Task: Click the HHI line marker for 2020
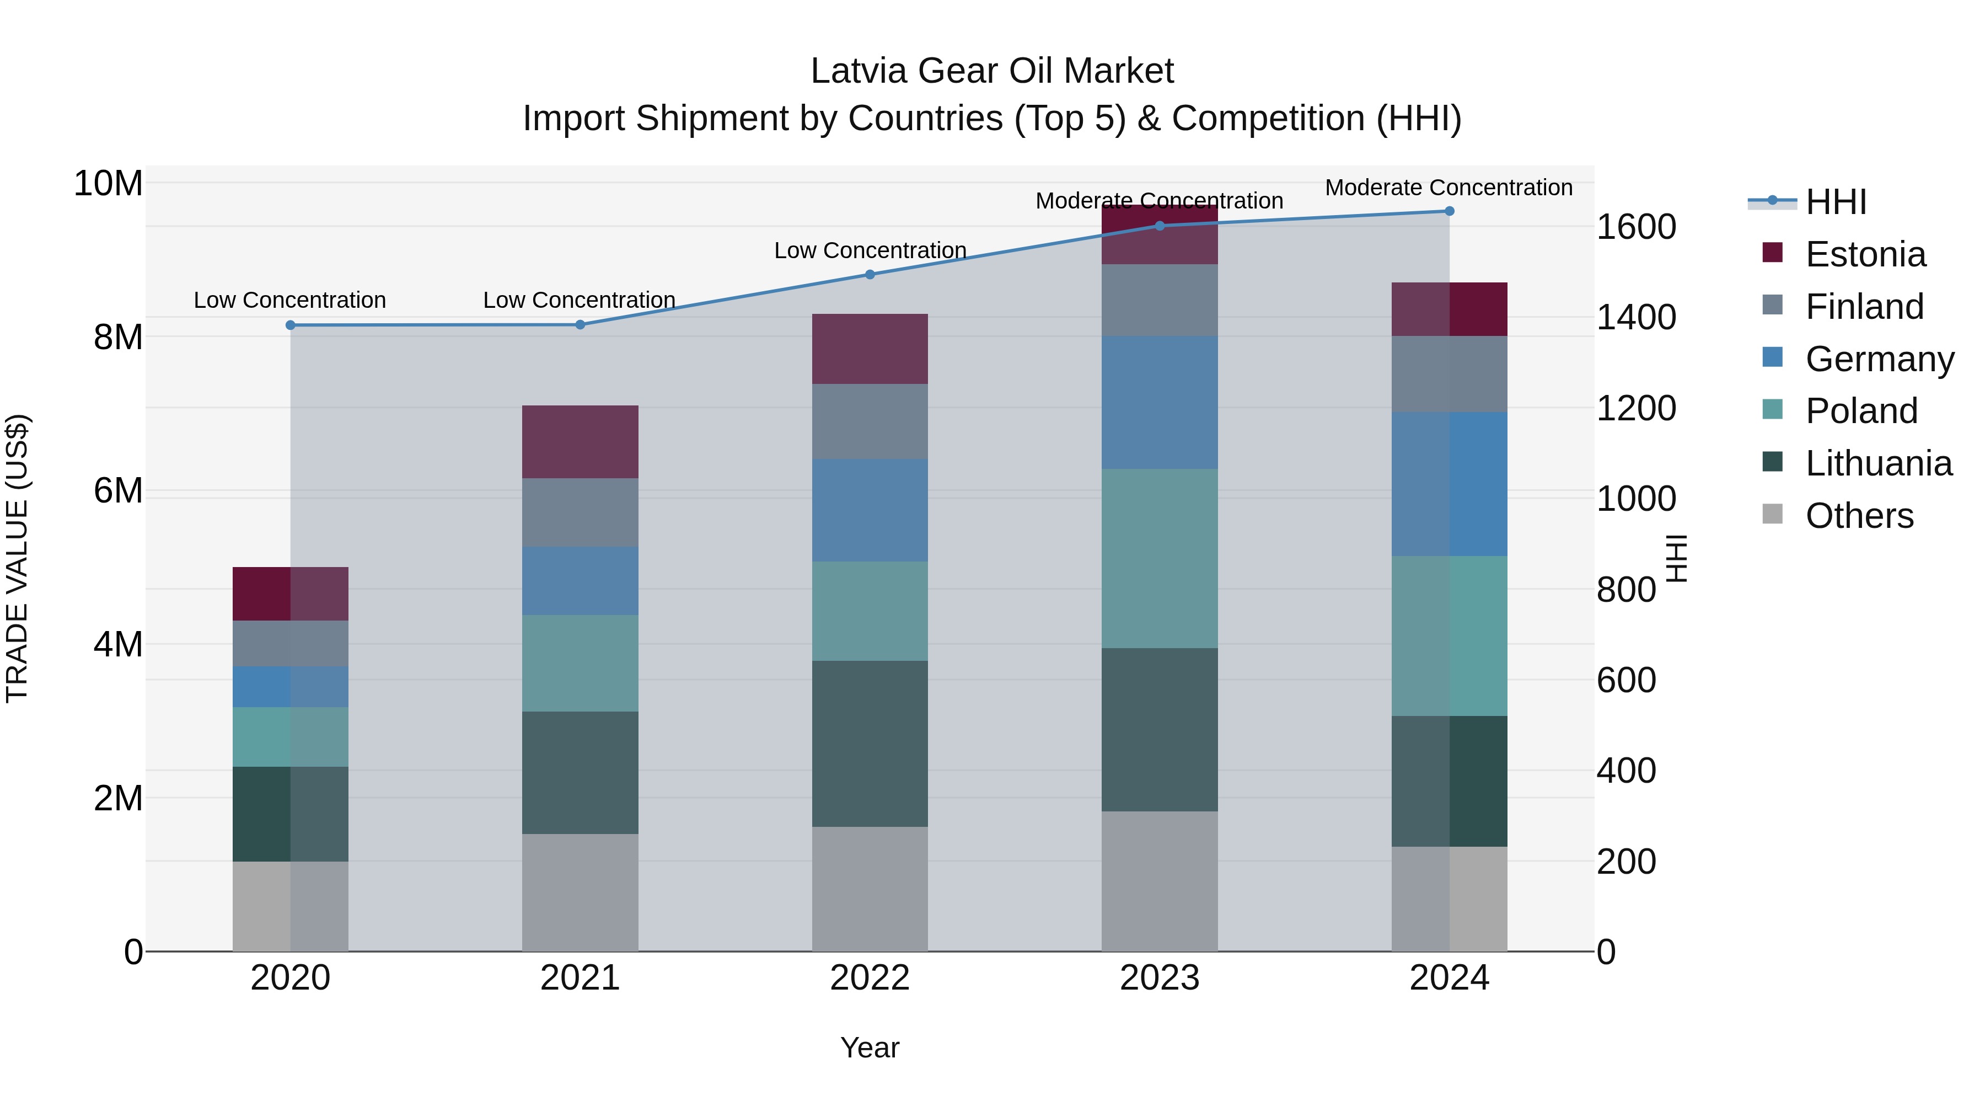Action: click(291, 325)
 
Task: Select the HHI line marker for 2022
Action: click(870, 275)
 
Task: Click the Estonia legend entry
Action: click(1865, 254)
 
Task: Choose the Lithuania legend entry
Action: click(1878, 463)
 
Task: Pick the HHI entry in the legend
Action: click(1836, 202)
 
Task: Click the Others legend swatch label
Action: click(1859, 516)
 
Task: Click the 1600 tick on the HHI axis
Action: click(1636, 227)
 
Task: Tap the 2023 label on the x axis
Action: click(1159, 978)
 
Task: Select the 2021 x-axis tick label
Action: click(580, 978)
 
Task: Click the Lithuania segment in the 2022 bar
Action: click(870, 744)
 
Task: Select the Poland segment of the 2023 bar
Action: click(1159, 559)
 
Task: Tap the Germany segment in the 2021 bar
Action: click(580, 581)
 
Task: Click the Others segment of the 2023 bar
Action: click(1159, 881)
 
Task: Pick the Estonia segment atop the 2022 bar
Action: click(870, 349)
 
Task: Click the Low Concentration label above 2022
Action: click(870, 250)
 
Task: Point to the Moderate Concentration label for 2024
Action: click(1448, 188)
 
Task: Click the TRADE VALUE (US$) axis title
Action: click(17, 558)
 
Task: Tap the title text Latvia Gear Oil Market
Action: click(992, 71)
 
